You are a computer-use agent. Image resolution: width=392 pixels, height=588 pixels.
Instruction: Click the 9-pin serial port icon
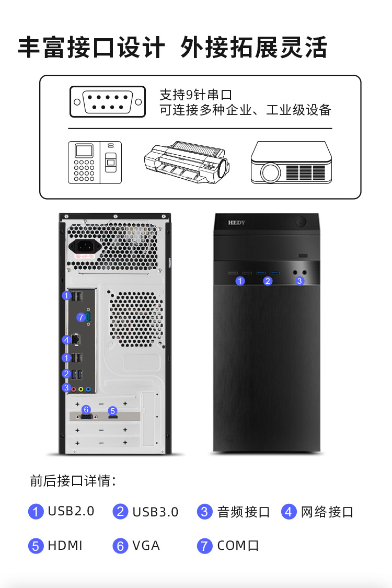pyautogui.click(x=108, y=101)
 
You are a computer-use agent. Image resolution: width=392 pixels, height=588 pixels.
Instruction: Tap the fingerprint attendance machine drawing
pyautogui.click(x=95, y=163)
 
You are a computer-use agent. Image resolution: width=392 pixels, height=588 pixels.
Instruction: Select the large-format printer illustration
pyautogui.click(x=187, y=162)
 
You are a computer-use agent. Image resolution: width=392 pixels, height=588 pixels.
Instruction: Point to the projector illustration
pyautogui.click(x=291, y=163)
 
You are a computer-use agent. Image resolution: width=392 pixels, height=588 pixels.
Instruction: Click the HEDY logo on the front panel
pyautogui.click(x=236, y=222)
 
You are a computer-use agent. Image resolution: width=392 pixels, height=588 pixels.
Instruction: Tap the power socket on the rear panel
pyautogui.click(x=85, y=246)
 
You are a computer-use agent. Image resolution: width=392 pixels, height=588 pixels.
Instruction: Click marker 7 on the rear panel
pyautogui.click(x=80, y=318)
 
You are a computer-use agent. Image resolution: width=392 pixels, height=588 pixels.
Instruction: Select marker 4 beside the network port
pyautogui.click(x=66, y=340)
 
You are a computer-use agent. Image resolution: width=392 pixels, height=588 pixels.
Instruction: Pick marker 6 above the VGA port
pyautogui.click(x=86, y=409)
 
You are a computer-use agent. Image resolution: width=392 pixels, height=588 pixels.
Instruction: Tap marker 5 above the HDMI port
pyautogui.click(x=112, y=411)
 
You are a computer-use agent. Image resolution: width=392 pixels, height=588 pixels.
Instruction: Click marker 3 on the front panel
pyautogui.click(x=299, y=281)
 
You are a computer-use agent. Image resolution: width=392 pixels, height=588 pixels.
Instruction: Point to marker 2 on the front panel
pyautogui.click(x=268, y=281)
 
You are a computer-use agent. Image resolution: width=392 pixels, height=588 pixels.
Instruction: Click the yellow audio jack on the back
pyautogui.click(x=81, y=389)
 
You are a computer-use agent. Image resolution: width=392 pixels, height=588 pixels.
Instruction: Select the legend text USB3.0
pyautogui.click(x=155, y=512)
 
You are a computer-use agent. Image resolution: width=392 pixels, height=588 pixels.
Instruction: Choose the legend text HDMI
pyautogui.click(x=65, y=546)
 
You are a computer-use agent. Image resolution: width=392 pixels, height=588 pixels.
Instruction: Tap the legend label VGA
pyautogui.click(x=146, y=546)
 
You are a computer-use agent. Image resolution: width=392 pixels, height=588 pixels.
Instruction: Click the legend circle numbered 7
pyautogui.click(x=204, y=546)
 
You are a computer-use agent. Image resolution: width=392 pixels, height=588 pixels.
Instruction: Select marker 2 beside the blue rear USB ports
pyautogui.click(x=66, y=374)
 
